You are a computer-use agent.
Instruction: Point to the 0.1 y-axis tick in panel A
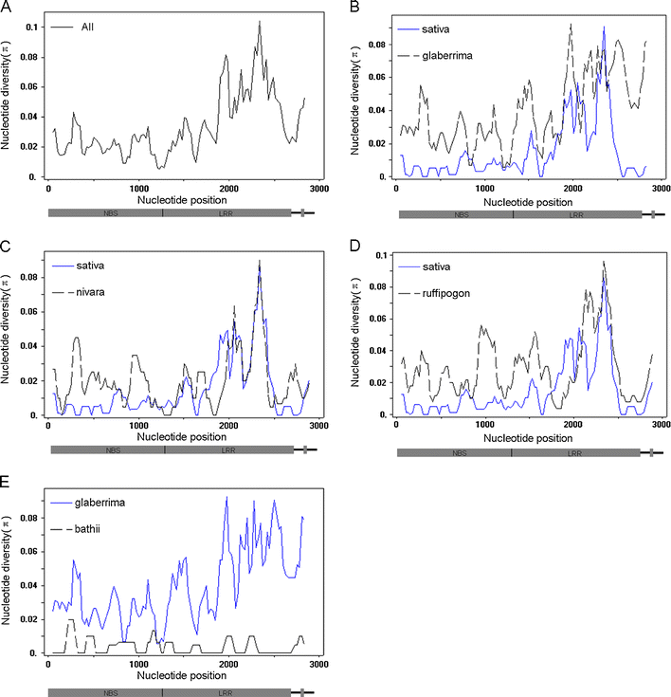click(35, 27)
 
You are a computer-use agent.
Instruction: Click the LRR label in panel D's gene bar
click(575, 454)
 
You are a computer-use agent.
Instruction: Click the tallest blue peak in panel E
click(226, 497)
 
